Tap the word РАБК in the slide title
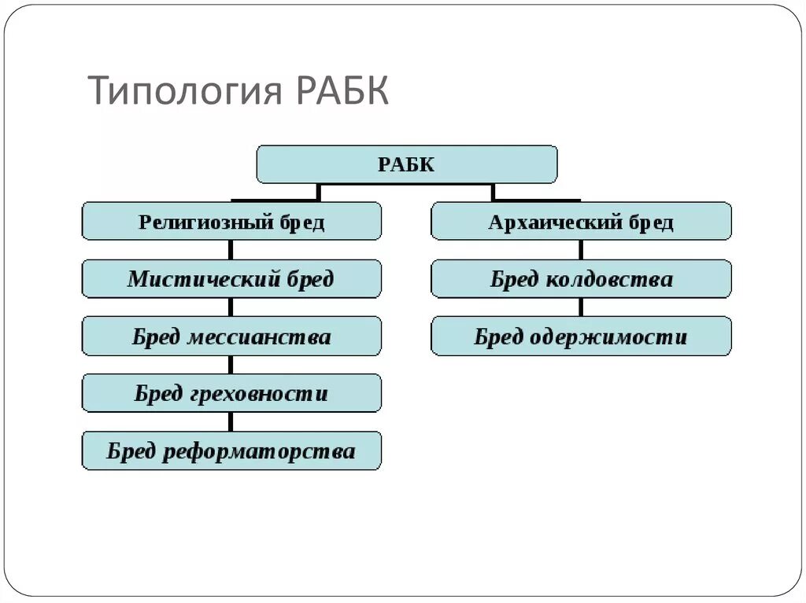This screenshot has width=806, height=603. (x=343, y=90)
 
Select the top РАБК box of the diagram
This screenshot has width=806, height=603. (x=406, y=164)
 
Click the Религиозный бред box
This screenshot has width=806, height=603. (x=231, y=222)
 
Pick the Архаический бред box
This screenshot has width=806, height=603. (x=581, y=222)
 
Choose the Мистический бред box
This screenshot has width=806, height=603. (x=231, y=279)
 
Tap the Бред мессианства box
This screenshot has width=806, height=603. (x=231, y=337)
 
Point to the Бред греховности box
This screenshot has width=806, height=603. (x=231, y=394)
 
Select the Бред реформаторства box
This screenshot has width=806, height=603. (x=231, y=451)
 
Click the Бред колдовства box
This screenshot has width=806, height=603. (x=581, y=279)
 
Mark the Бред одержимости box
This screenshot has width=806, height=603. (x=581, y=337)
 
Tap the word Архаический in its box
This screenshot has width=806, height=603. (x=555, y=222)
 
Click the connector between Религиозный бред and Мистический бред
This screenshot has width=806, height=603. (x=231, y=250)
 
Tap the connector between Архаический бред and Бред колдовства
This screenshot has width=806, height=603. (x=581, y=250)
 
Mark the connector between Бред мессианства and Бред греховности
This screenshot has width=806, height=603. (x=231, y=365)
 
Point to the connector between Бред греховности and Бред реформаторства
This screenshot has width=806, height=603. (x=231, y=422)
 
